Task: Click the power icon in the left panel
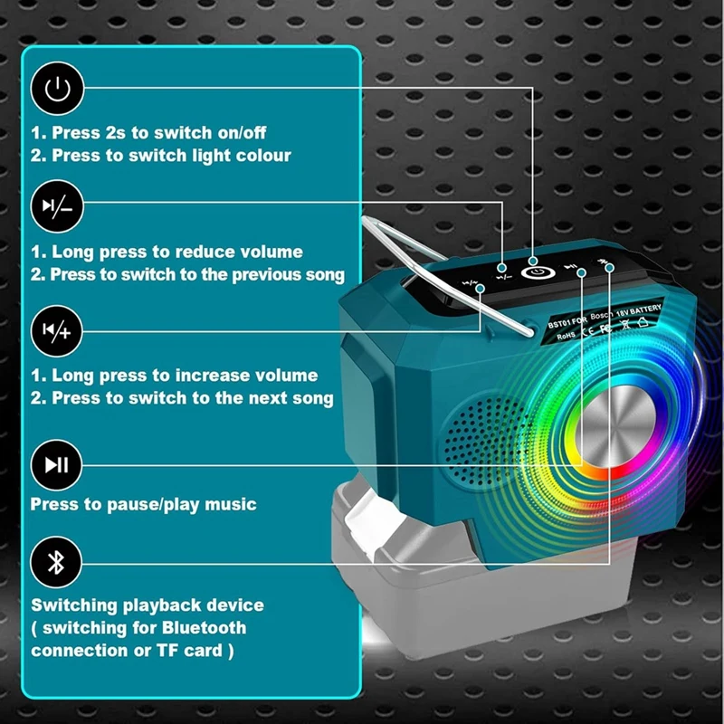[x=57, y=89]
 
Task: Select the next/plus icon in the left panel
[x=57, y=331]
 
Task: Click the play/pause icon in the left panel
[x=57, y=465]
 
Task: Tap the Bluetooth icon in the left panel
[x=57, y=562]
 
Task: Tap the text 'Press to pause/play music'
[x=143, y=504]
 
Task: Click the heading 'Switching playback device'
[x=148, y=604]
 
